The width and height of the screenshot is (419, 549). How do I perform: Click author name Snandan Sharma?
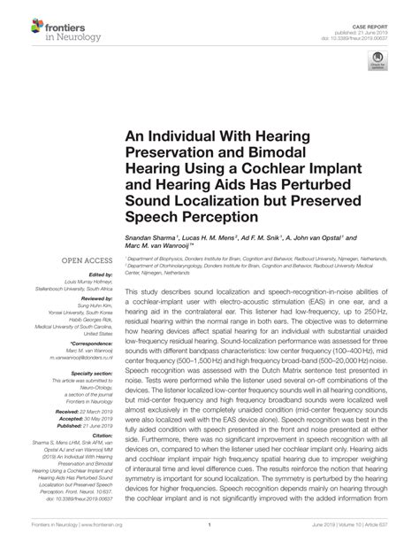coord(150,238)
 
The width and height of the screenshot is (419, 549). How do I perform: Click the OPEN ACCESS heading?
coord(87,260)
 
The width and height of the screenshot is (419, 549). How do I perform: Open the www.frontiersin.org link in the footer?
coord(104,524)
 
